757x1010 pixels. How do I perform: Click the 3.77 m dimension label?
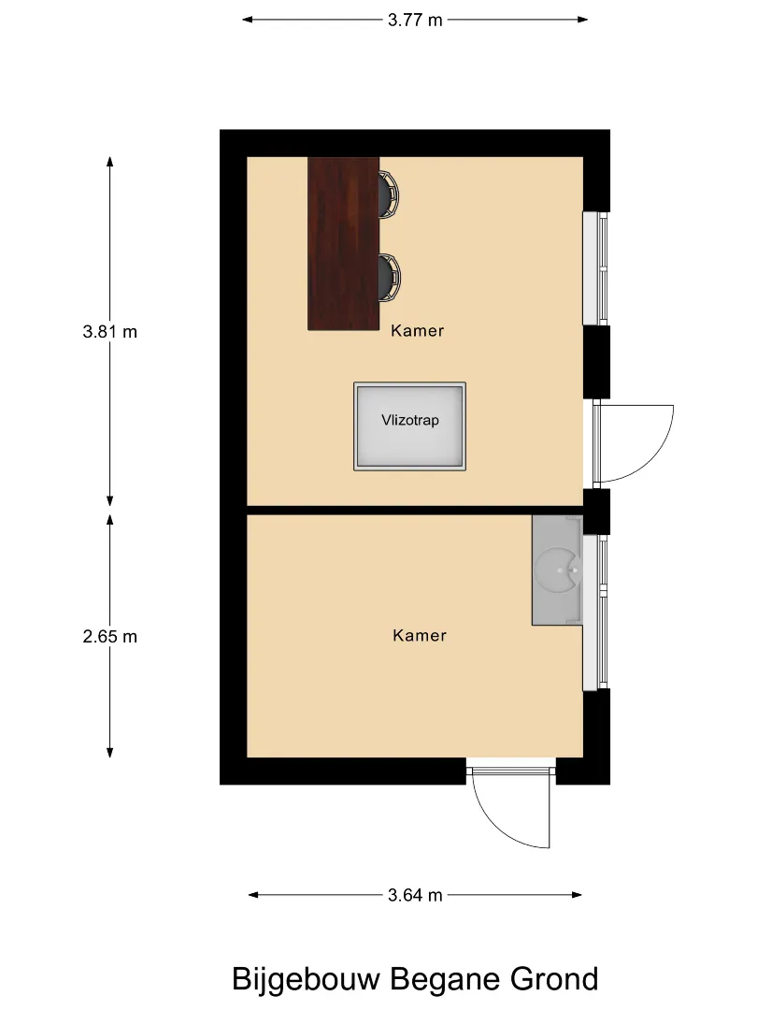pyautogui.click(x=415, y=20)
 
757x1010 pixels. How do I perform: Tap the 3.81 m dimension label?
pyautogui.click(x=110, y=332)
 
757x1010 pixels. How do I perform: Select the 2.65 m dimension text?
pyautogui.click(x=110, y=637)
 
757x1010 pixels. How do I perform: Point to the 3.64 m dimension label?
pyautogui.click(x=415, y=895)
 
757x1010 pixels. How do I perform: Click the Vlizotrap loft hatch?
pyautogui.click(x=409, y=426)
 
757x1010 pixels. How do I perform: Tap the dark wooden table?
pyautogui.click(x=343, y=243)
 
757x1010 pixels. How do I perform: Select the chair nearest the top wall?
pyautogui.click(x=389, y=194)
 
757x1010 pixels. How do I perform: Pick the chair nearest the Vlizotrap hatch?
pyautogui.click(x=390, y=278)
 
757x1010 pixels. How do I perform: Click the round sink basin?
pyautogui.click(x=557, y=570)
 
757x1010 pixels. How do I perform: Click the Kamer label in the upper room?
pyautogui.click(x=417, y=331)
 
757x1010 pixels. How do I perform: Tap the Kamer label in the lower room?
pyautogui.click(x=419, y=636)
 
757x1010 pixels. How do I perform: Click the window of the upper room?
pyautogui.click(x=595, y=268)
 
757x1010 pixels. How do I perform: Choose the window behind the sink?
pyautogui.click(x=594, y=612)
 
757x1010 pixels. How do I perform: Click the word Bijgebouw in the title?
pyautogui.click(x=306, y=980)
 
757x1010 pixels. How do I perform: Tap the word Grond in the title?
pyautogui.click(x=554, y=979)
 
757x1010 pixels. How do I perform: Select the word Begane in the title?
pyautogui.click(x=446, y=980)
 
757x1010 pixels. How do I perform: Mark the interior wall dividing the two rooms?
pyautogui.click(x=415, y=511)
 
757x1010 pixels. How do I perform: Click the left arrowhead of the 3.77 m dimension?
pyautogui.click(x=247, y=20)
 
